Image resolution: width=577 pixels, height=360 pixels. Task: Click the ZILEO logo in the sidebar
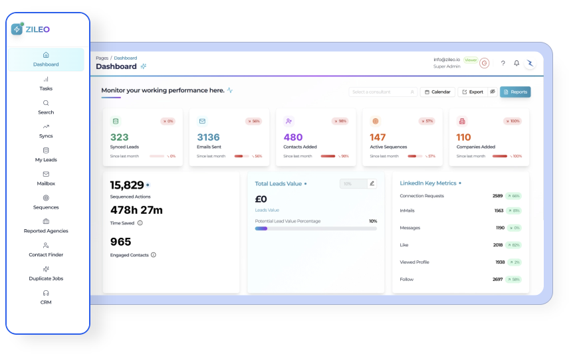[x=31, y=29]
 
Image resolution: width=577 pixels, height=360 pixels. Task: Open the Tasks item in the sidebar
[x=46, y=84]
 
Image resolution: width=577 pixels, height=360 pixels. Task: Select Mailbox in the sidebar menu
[x=46, y=179]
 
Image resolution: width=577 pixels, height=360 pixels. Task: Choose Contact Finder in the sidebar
[x=46, y=250]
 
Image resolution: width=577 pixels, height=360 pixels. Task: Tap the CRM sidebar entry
[x=46, y=297]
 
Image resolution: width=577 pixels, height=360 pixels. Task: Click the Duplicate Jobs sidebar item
[x=46, y=274]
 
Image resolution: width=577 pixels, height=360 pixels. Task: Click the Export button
[x=473, y=92]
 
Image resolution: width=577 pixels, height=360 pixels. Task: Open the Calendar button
[x=437, y=92]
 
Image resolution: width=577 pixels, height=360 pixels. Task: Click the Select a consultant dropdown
[x=383, y=92]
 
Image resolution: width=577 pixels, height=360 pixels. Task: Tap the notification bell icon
[x=517, y=63]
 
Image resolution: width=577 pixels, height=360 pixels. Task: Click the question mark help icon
[x=503, y=63]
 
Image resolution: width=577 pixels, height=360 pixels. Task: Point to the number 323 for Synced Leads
[x=120, y=137]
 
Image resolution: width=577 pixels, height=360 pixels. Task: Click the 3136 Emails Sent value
[x=208, y=137]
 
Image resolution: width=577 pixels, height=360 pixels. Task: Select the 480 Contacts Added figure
[x=293, y=137]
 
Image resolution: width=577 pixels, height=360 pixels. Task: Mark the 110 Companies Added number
[x=463, y=137]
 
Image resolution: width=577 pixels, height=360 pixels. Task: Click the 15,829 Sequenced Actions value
[x=127, y=185]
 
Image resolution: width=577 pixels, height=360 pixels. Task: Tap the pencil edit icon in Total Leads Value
[x=372, y=183]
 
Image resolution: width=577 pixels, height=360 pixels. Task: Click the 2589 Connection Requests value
[x=498, y=196]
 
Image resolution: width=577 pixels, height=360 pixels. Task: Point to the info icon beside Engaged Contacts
[x=154, y=255]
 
